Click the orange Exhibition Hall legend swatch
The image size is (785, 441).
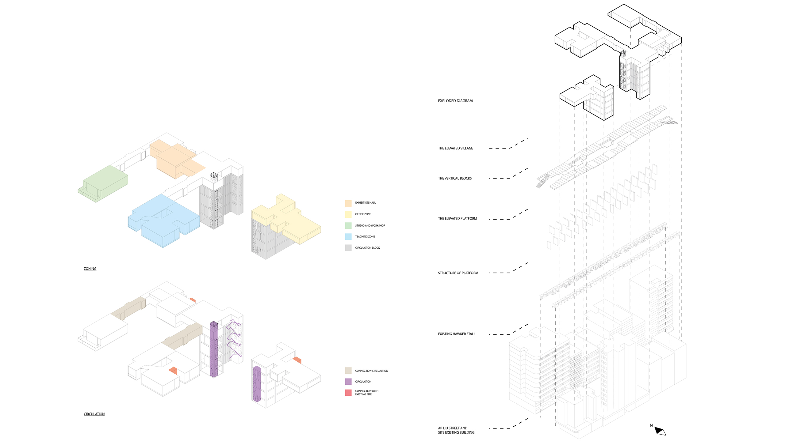point(348,203)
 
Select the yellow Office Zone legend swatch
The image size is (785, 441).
point(348,214)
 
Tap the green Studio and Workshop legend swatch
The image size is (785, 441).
point(348,226)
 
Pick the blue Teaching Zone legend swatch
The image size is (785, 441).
point(348,237)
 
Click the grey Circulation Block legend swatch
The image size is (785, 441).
point(348,248)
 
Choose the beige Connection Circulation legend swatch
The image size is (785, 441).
point(348,371)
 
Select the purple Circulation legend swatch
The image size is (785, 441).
point(348,382)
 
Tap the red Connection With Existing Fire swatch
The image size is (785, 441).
point(348,393)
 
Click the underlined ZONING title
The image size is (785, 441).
point(90,269)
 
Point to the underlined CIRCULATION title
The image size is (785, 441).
point(94,414)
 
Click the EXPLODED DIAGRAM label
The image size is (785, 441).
point(455,101)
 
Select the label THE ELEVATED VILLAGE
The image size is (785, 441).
point(455,148)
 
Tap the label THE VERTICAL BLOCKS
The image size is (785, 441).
point(455,178)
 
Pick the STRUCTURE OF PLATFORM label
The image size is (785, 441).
point(458,273)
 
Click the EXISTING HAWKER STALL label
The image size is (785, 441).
point(457,334)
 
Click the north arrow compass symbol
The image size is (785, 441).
point(660,431)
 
